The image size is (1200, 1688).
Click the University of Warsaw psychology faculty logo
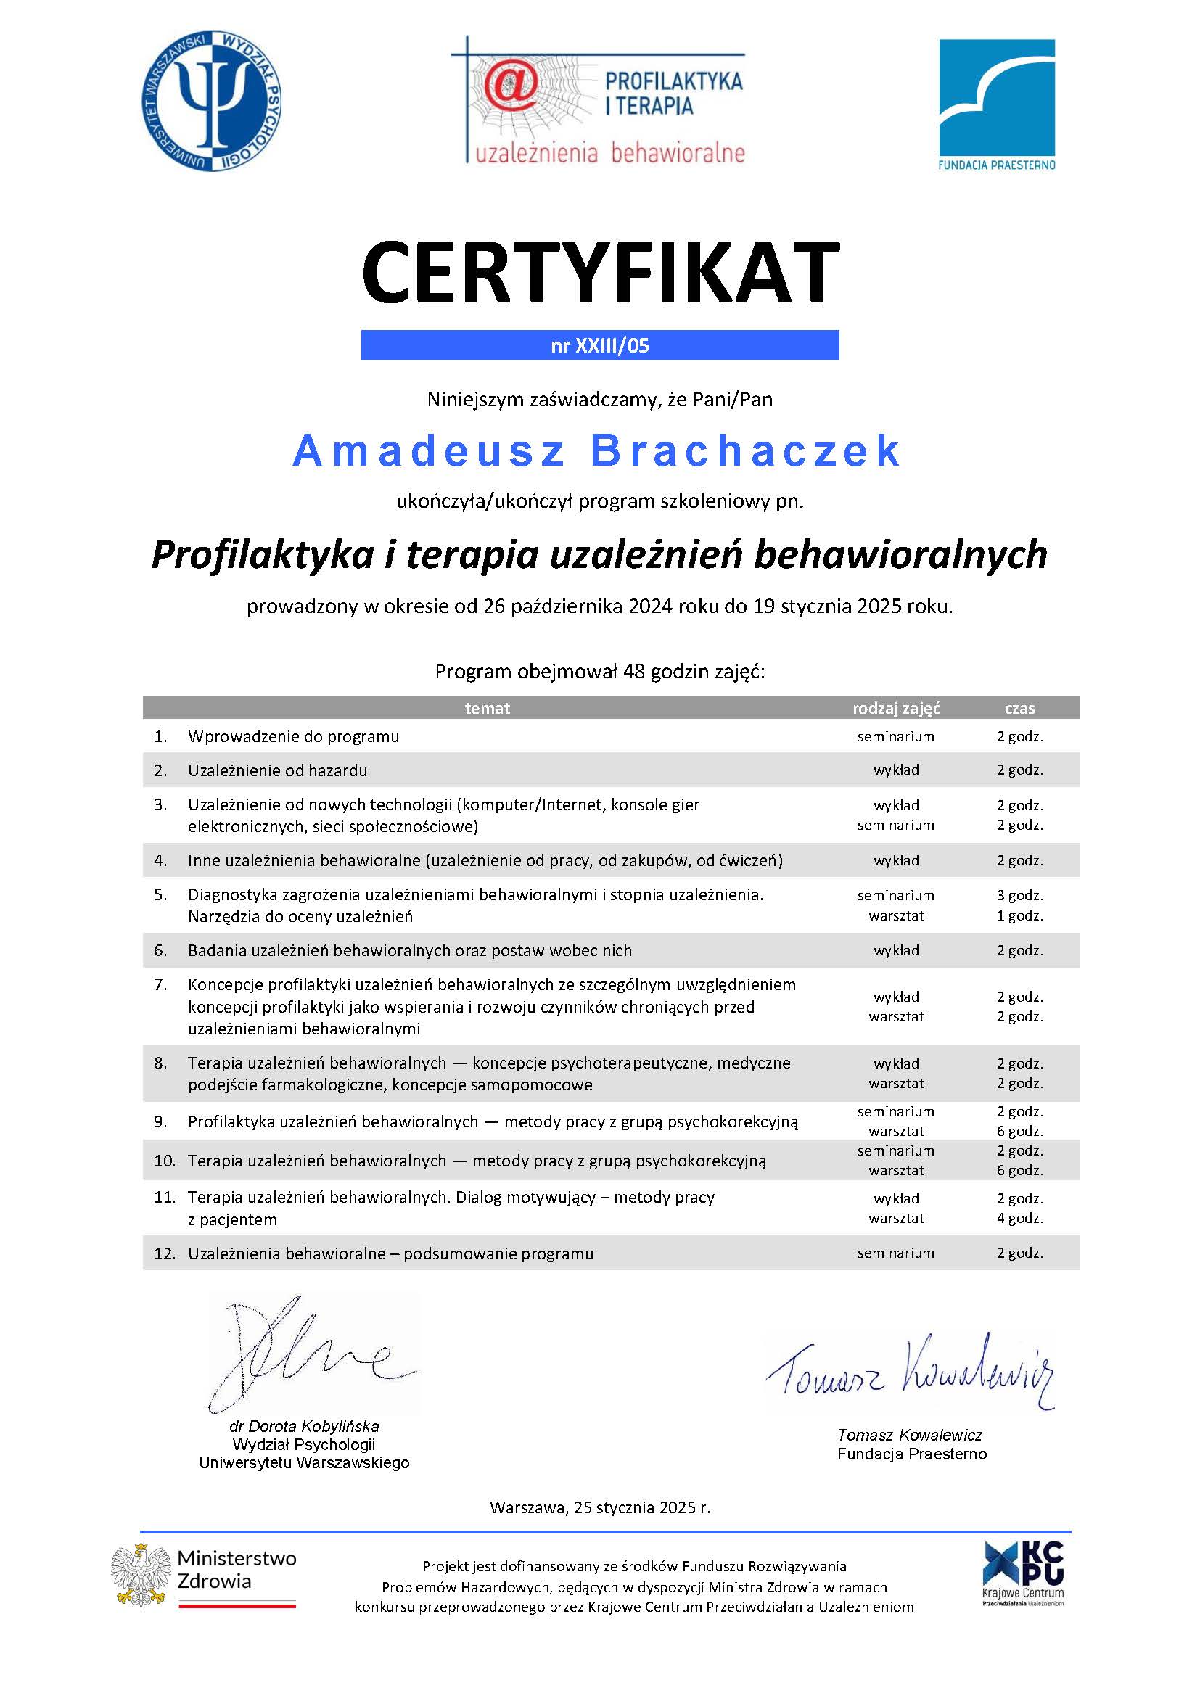pyautogui.click(x=211, y=102)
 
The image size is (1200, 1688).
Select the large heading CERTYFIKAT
pyautogui.click(x=600, y=272)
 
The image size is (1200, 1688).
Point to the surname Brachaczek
pyautogui.click(x=747, y=450)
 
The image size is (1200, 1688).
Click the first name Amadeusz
pyautogui.click(x=430, y=450)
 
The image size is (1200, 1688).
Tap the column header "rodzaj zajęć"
pyautogui.click(x=895, y=708)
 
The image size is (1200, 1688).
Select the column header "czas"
pyautogui.click(x=1019, y=708)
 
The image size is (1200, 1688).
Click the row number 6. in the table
pyautogui.click(x=160, y=950)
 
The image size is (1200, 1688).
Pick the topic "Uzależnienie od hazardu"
pyautogui.click(x=277, y=770)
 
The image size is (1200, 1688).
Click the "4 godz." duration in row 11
pyautogui.click(x=1019, y=1218)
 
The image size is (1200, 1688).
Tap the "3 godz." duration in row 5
pyautogui.click(x=1019, y=895)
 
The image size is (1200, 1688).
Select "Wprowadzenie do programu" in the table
pyautogui.click(x=293, y=736)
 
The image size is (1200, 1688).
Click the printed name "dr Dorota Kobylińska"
pyautogui.click(x=304, y=1426)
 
